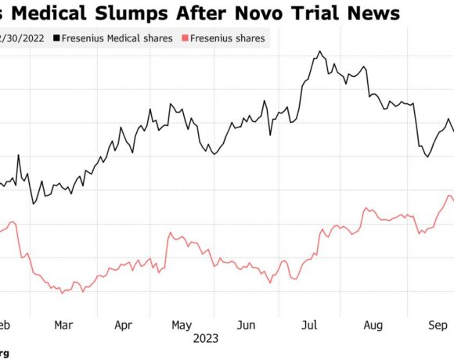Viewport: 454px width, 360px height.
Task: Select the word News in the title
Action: [379, 13]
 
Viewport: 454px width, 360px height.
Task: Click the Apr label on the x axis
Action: [123, 325]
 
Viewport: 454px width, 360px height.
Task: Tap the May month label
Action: [182, 325]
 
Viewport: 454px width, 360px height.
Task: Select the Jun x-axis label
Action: [246, 325]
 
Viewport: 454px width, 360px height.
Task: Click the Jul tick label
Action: [309, 325]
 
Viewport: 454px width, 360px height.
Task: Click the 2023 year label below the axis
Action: [206, 339]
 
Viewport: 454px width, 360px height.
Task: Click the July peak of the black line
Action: [319, 52]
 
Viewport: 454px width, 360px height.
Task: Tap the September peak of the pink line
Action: [449, 196]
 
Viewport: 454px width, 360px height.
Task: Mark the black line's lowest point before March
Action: [33, 204]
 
